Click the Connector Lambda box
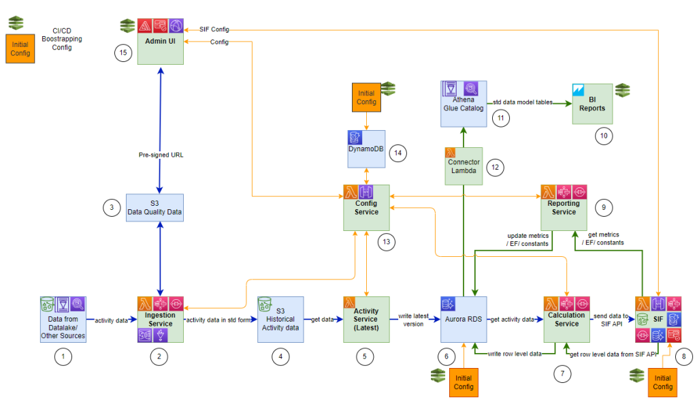pyautogui.click(x=464, y=166)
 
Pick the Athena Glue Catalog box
pyautogui.click(x=464, y=103)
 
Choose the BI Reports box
pyautogui.click(x=591, y=104)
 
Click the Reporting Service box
pyautogui.click(x=563, y=207)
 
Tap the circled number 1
pyautogui.click(x=63, y=355)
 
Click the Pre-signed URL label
pyautogui.click(x=160, y=155)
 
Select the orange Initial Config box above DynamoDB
pyautogui.click(x=366, y=97)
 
